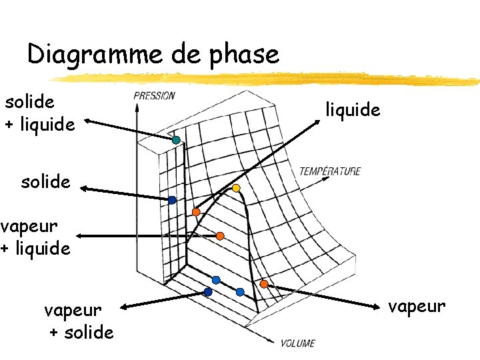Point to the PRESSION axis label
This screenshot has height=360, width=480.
click(154, 95)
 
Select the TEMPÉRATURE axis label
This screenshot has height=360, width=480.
click(329, 171)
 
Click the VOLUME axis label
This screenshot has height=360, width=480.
click(297, 343)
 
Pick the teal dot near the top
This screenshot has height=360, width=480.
click(176, 140)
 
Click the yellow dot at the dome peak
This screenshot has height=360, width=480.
click(236, 188)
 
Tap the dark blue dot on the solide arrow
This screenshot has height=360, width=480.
click(172, 200)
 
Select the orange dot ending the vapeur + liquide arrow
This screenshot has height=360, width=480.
click(220, 236)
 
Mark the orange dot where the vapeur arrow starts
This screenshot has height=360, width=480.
click(264, 284)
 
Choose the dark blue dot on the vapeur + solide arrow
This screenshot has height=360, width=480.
click(208, 292)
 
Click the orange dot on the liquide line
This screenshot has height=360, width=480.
click(196, 212)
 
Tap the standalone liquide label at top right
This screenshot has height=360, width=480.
click(353, 109)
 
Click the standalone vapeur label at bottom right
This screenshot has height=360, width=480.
click(417, 306)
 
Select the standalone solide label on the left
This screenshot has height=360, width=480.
click(45, 181)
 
